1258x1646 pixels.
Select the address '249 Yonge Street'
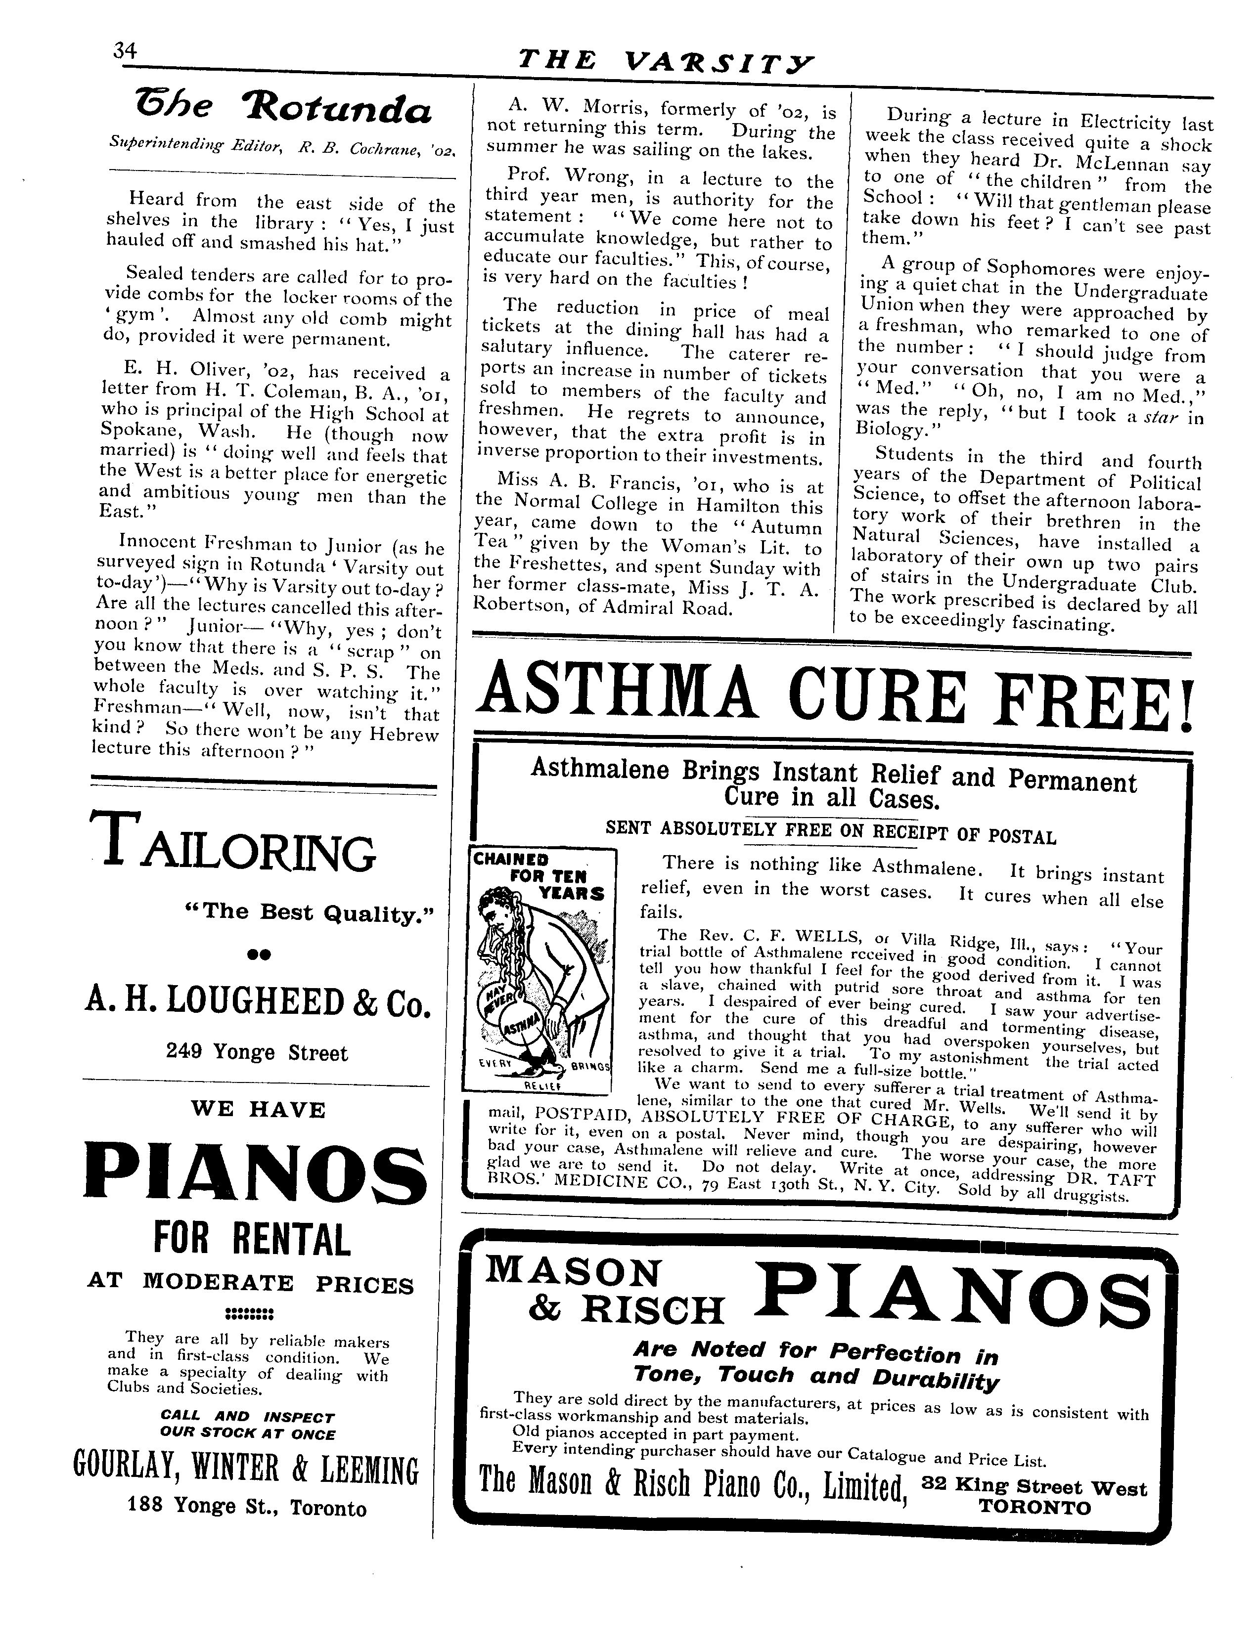coord(257,1053)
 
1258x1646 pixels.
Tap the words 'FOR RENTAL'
coord(252,1240)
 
